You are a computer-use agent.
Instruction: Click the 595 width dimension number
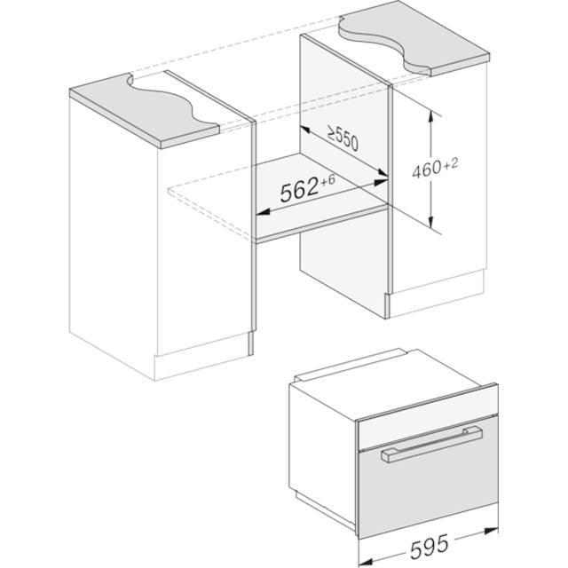[x=430, y=546]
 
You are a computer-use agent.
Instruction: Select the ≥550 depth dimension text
[x=343, y=138]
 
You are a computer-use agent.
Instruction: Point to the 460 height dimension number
[x=427, y=170]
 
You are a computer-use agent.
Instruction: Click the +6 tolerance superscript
[x=328, y=179]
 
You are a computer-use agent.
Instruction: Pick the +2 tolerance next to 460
[x=451, y=164]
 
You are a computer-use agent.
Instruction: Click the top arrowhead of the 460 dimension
[x=430, y=116]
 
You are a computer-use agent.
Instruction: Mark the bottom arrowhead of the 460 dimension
[x=430, y=222]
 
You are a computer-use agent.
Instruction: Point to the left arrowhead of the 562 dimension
[x=263, y=212]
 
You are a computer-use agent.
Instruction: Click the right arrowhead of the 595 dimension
[x=492, y=532]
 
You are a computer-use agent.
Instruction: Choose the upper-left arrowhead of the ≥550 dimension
[x=305, y=130]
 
